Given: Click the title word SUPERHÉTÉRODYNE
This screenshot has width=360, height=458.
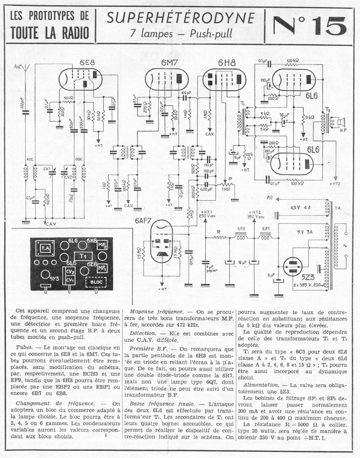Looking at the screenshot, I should [x=181, y=18].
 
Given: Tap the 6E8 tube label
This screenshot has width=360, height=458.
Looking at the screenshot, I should [x=87, y=62].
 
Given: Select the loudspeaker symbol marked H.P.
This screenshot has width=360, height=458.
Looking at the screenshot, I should [x=338, y=123].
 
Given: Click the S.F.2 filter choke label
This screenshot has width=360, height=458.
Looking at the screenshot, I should [x=242, y=229].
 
